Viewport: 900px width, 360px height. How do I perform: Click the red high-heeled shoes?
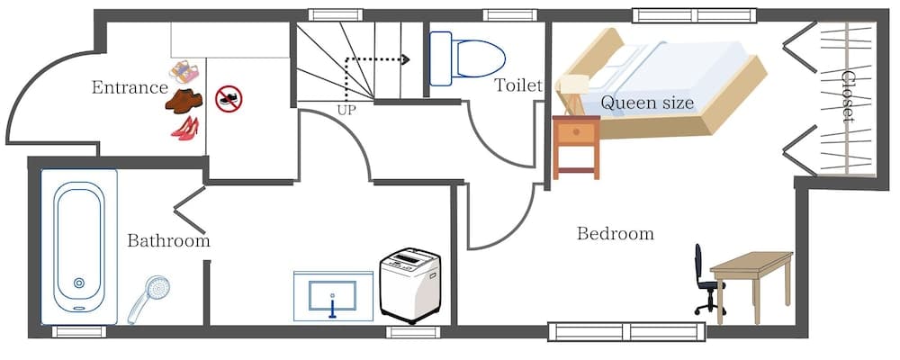184,128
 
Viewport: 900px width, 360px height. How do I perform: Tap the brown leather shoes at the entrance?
184,101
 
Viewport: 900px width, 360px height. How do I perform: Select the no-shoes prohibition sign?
229,99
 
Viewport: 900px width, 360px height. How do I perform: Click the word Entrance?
130,87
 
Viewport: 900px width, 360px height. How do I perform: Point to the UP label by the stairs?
346,110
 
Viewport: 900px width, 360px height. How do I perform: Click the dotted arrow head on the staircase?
406,60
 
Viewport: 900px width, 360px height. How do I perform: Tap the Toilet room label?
518,85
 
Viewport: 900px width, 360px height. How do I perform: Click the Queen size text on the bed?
647,103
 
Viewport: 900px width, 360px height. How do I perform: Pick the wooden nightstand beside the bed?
576,144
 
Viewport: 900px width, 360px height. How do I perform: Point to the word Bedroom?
615,234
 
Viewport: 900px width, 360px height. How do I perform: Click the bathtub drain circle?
78,284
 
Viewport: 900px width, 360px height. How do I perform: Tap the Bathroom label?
168,241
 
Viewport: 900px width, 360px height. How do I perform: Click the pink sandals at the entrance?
184,70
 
